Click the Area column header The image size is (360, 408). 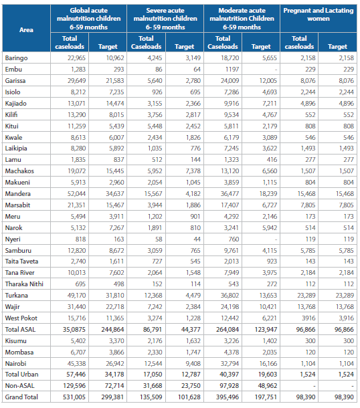(x=26, y=29)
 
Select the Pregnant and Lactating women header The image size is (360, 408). (x=319, y=14)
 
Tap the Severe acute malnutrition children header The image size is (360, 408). (x=165, y=19)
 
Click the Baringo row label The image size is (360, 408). (x=16, y=58)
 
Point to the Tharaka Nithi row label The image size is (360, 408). (x=24, y=284)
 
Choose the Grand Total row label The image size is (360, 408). (x=21, y=397)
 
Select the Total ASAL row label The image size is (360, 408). (x=20, y=330)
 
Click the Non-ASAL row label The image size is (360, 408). (x=20, y=386)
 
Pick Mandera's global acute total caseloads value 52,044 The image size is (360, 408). (x=76, y=193)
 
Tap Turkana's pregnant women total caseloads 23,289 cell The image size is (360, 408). (x=306, y=296)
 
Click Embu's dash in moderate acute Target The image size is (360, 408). (x=276, y=70)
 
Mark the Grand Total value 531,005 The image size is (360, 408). (x=74, y=397)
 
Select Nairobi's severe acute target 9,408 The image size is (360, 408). (x=193, y=363)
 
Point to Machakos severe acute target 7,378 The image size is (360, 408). (x=193, y=171)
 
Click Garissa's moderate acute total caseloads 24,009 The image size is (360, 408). (x=230, y=81)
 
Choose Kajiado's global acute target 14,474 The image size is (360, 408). (x=115, y=103)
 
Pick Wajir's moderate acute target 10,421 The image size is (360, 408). (x=268, y=307)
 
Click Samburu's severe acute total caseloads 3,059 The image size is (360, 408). (x=155, y=251)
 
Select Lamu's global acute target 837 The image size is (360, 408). (x=118, y=159)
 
